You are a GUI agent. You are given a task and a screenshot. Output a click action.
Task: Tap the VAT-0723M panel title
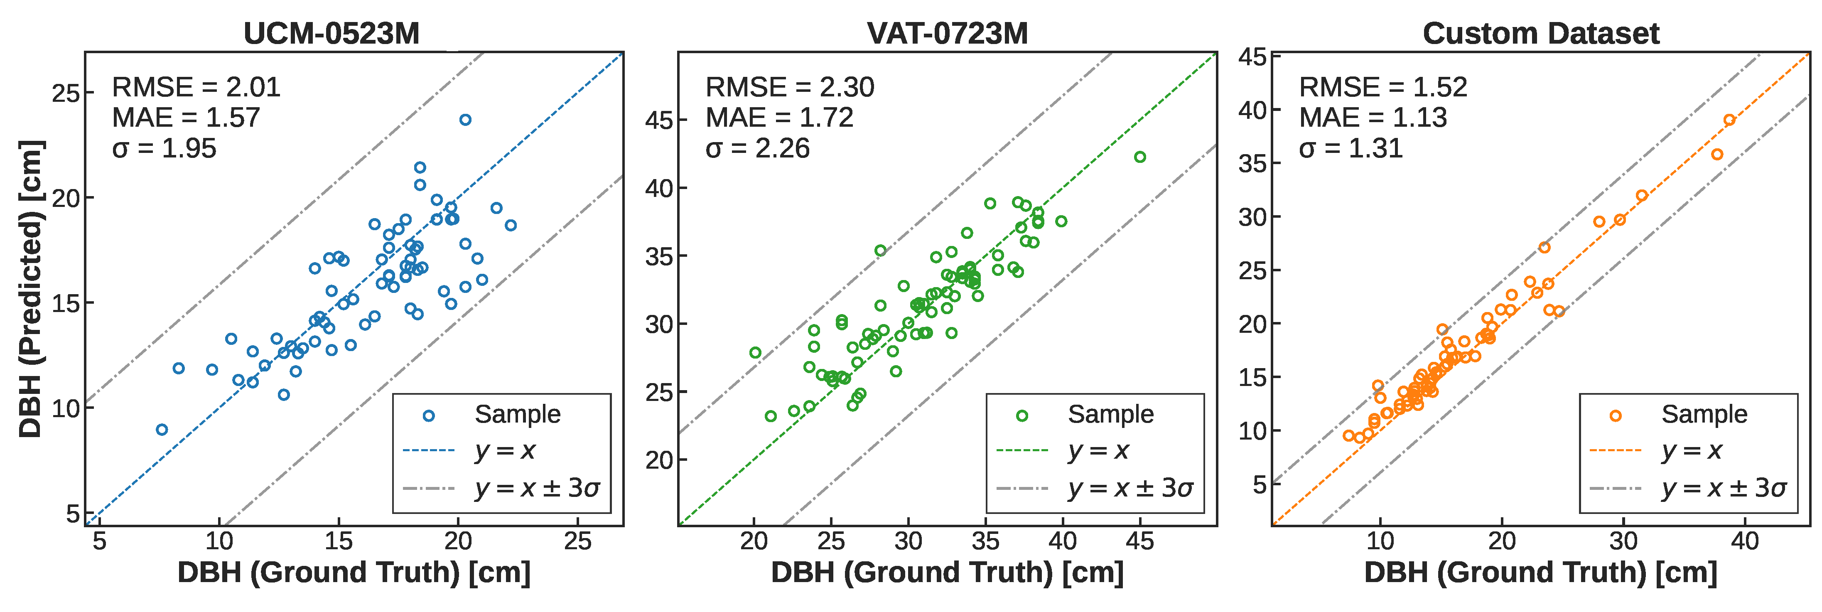[947, 33]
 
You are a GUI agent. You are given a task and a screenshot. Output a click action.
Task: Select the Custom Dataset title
[1540, 33]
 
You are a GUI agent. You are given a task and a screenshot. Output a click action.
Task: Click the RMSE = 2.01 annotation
[196, 87]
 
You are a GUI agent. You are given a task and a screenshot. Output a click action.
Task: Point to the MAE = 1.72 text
[779, 118]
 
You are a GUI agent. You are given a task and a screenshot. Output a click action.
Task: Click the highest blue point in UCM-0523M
[465, 120]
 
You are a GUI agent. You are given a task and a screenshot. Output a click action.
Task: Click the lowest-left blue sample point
[162, 430]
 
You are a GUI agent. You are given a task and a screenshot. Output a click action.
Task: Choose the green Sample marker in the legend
[1021, 416]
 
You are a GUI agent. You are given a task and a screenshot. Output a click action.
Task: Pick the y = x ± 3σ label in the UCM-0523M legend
[538, 488]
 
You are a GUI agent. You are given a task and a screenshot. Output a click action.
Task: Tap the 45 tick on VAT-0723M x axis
[1139, 541]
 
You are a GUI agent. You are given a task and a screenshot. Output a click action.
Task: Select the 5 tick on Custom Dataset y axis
[1260, 484]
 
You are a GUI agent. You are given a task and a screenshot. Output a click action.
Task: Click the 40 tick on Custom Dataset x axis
[1745, 541]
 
